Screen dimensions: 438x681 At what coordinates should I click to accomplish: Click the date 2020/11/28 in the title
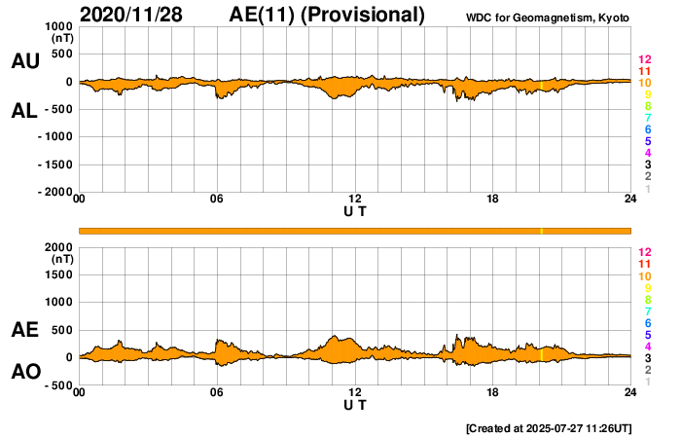click(x=130, y=15)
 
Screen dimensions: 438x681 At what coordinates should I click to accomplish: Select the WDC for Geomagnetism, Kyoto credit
click(x=550, y=18)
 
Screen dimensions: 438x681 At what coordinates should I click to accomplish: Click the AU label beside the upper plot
click(x=25, y=61)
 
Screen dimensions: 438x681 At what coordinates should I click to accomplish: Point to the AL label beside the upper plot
click(x=25, y=111)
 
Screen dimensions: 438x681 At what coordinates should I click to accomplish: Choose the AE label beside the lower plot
click(x=25, y=331)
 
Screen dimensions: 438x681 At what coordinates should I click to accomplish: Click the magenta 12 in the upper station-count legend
click(x=643, y=59)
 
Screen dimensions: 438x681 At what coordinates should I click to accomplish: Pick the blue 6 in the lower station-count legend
click(x=646, y=322)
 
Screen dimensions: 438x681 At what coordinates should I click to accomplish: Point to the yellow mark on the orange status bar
click(x=541, y=230)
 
